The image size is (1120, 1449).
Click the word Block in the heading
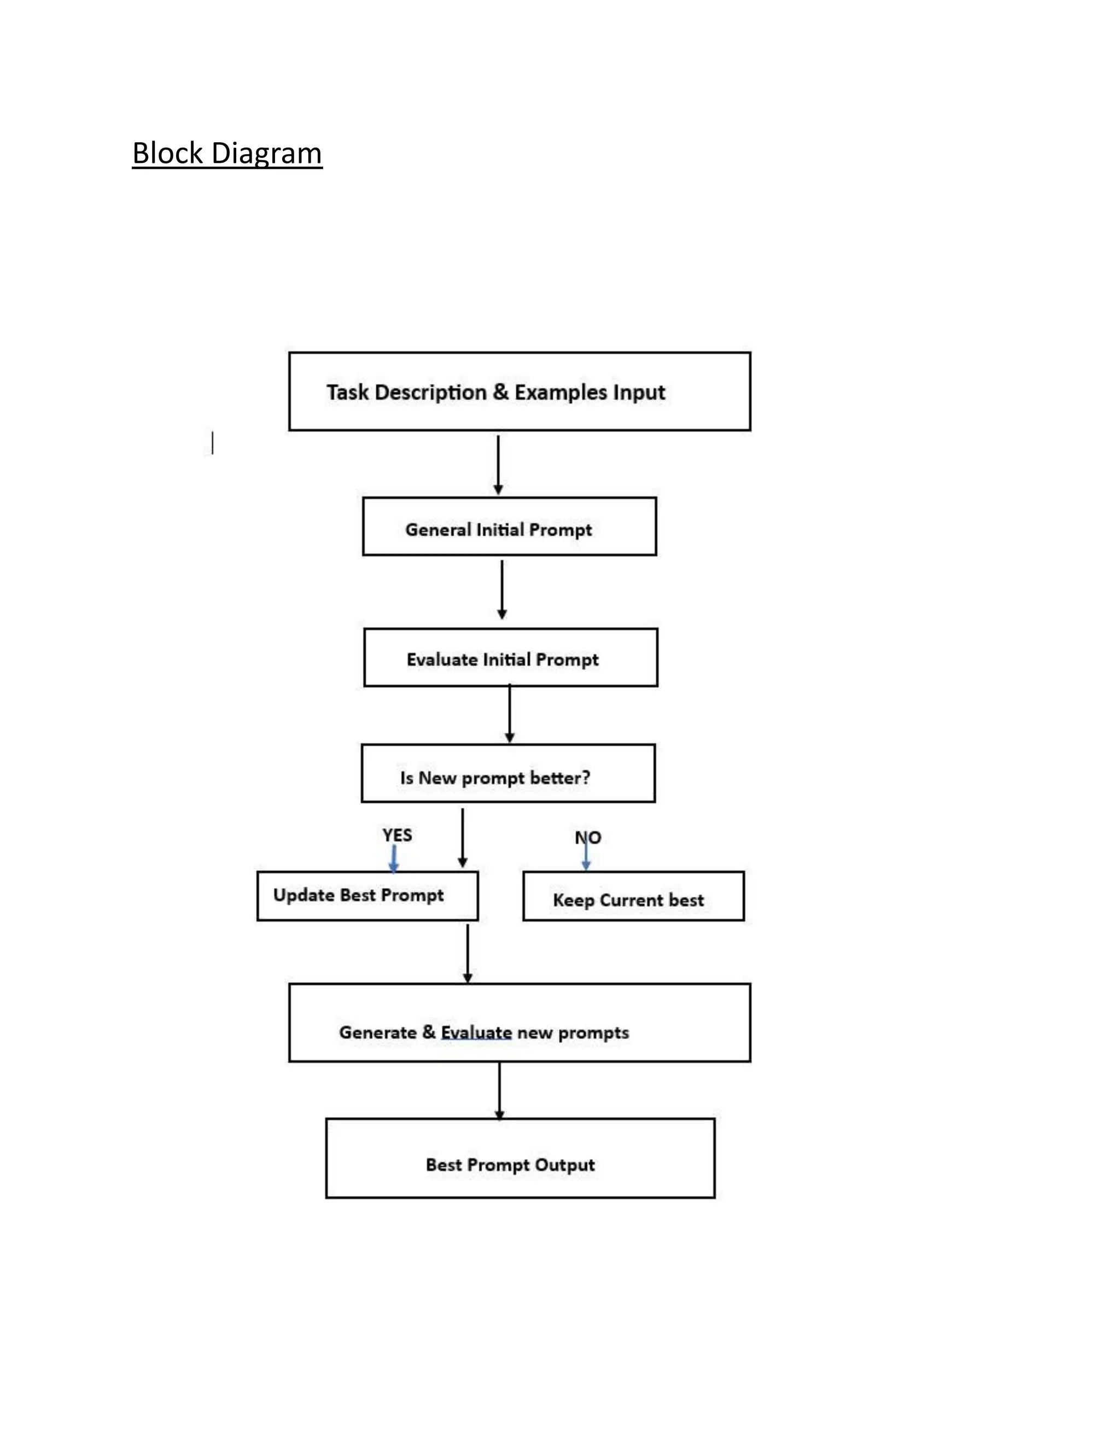[167, 153]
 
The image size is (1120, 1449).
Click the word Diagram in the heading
[266, 153]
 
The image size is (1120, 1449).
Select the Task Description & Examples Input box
[520, 392]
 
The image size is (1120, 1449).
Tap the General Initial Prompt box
[509, 527]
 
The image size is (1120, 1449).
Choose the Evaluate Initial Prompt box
[510, 657]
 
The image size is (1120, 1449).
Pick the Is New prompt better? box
[507, 774]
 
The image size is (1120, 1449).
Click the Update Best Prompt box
[367, 896]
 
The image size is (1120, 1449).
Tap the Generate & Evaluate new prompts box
[520, 1023]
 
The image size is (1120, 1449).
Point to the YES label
[397, 834]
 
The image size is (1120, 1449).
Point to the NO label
[588, 837]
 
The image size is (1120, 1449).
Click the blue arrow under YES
[393, 858]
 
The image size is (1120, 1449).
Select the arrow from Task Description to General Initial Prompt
[498, 464]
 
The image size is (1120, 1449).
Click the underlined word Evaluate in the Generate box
[476, 1032]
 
